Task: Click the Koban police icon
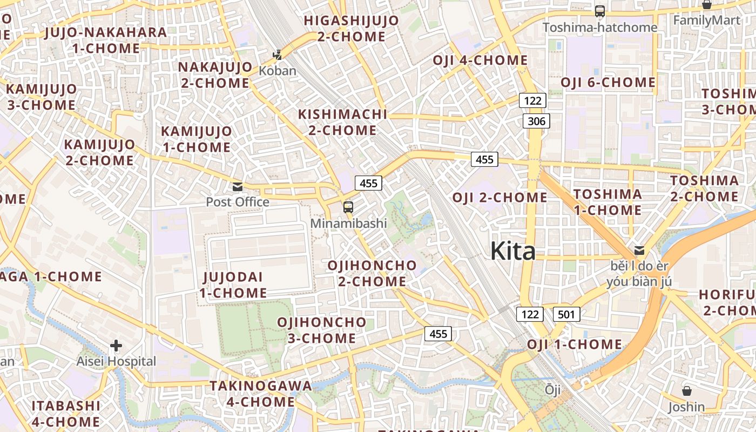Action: (x=278, y=55)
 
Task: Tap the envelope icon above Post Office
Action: (x=237, y=187)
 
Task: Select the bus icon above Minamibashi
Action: (x=348, y=207)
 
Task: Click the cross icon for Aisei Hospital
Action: (x=116, y=346)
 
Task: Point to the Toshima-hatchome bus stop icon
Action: (x=599, y=11)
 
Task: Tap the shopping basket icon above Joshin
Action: (x=687, y=390)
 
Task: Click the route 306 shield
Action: (x=536, y=121)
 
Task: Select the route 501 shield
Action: (x=566, y=314)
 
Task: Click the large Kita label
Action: (x=513, y=251)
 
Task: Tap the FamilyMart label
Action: (x=707, y=21)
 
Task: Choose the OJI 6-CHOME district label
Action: (x=608, y=83)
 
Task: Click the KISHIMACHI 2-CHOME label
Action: (x=343, y=122)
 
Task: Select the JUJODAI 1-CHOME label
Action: (x=233, y=285)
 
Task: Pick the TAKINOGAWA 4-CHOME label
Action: (x=261, y=394)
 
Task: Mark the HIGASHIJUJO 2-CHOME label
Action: (x=352, y=29)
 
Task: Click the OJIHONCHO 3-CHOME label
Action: (x=322, y=330)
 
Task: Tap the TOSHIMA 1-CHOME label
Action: (x=607, y=202)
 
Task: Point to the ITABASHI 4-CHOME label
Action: (x=66, y=414)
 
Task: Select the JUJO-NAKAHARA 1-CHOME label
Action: (x=106, y=40)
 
